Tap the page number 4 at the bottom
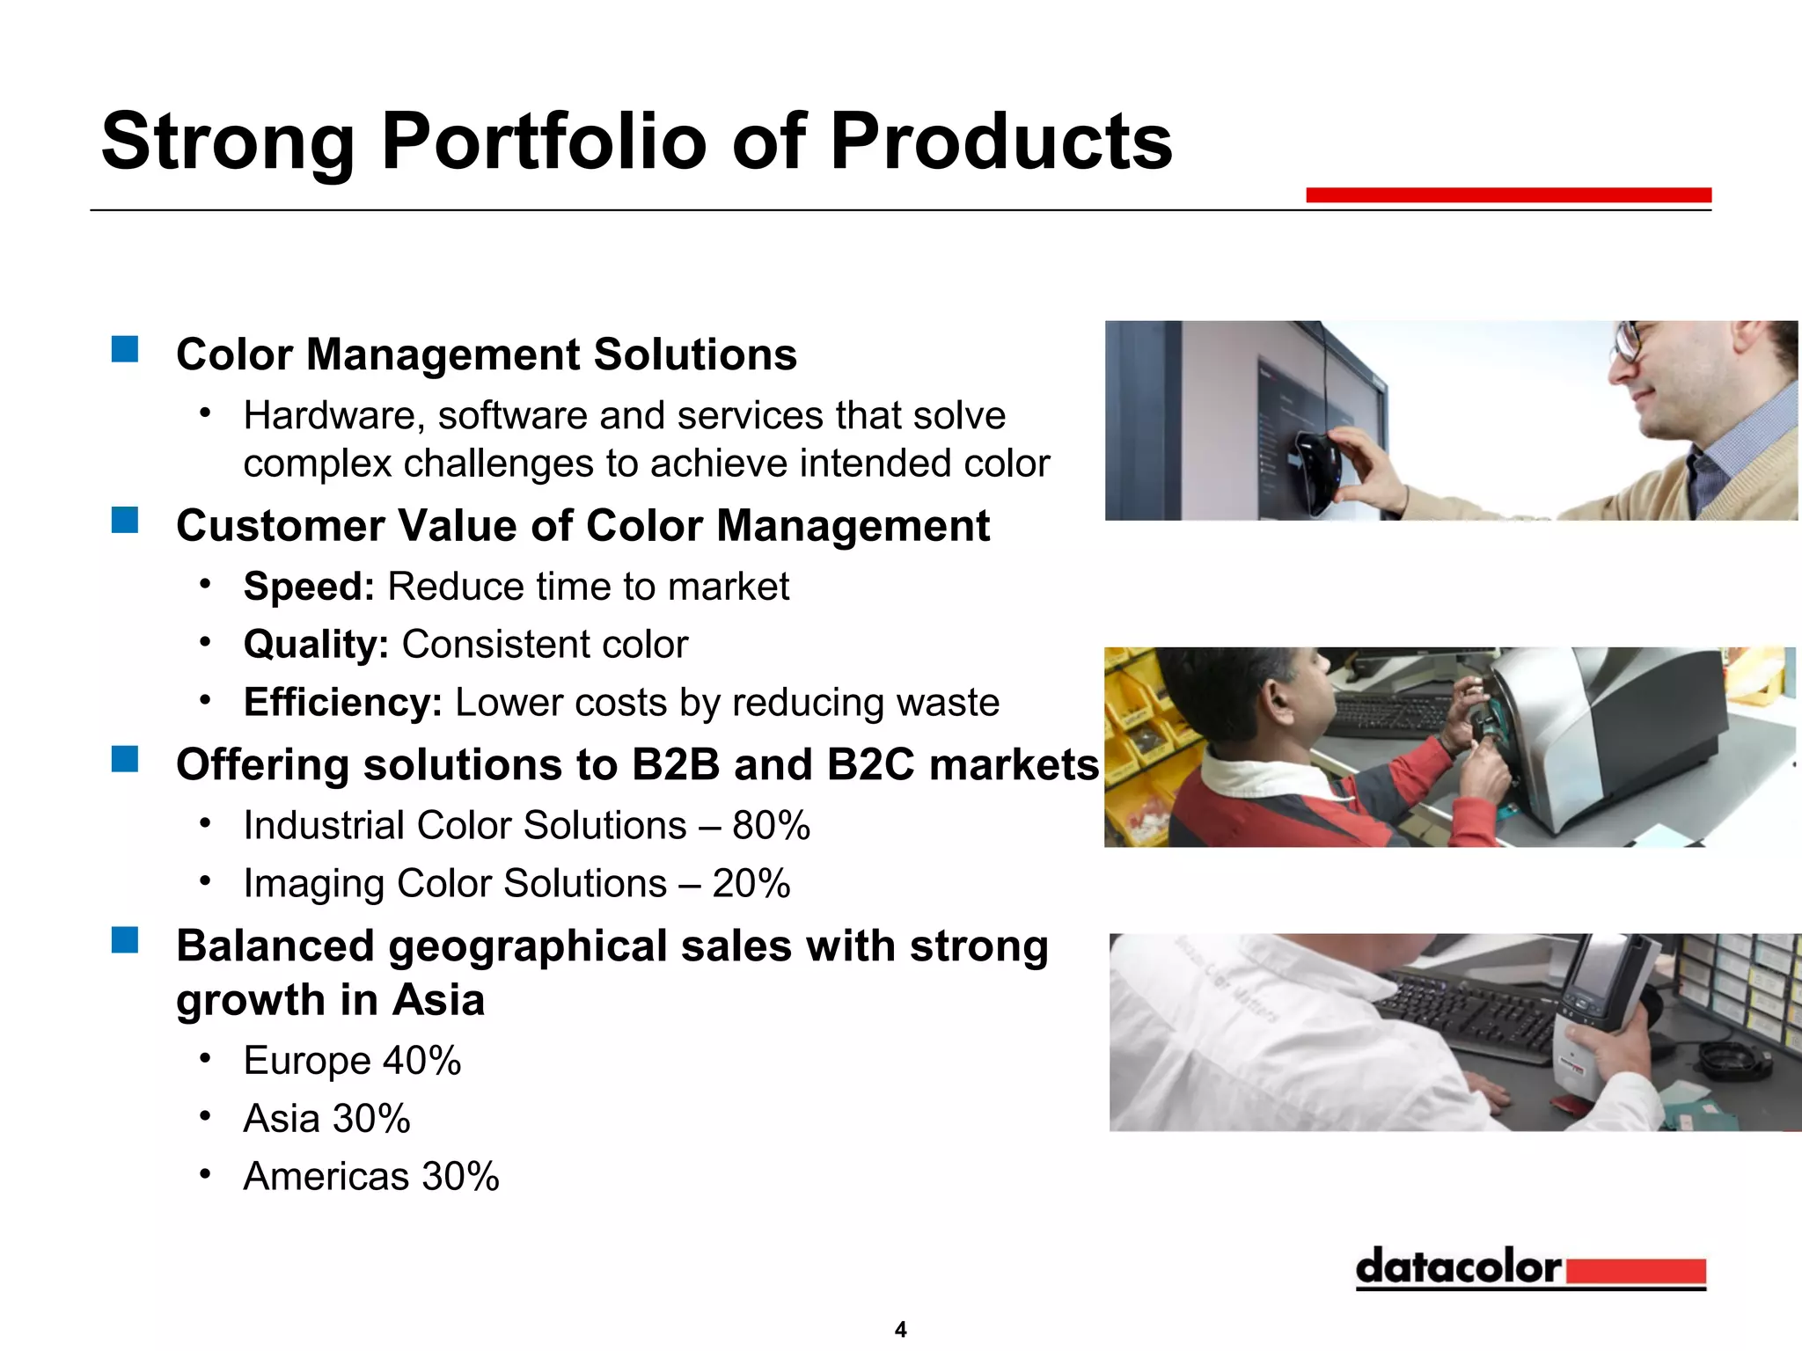[x=900, y=1329]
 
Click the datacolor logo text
[x=1458, y=1267]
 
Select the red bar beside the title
[x=1508, y=195]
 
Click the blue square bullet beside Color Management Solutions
[x=125, y=349]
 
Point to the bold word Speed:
[x=309, y=587]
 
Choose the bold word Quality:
[x=316, y=645]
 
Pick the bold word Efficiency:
[x=342, y=703]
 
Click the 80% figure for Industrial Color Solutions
[x=771, y=826]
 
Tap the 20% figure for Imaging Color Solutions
[x=751, y=884]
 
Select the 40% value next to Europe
[x=421, y=1061]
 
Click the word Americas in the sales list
[x=326, y=1177]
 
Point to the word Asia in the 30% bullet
[x=282, y=1119]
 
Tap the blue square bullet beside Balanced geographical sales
[x=125, y=940]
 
